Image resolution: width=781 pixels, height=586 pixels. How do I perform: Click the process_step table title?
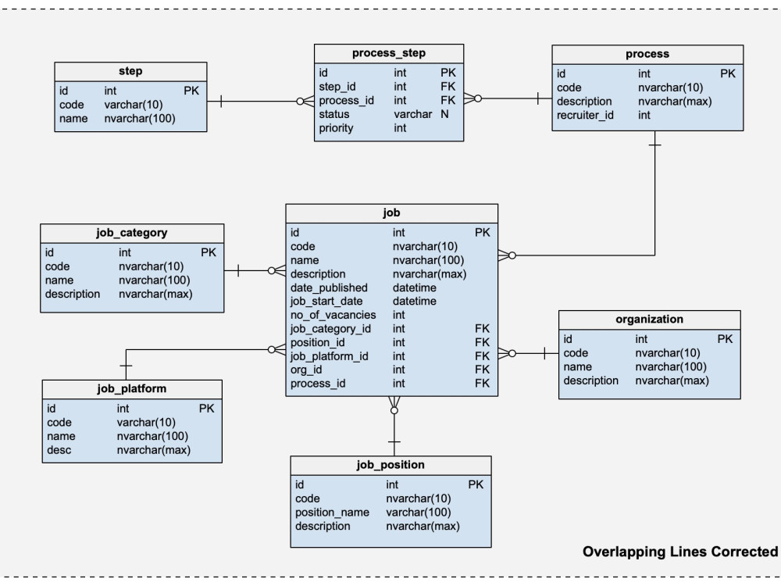point(388,53)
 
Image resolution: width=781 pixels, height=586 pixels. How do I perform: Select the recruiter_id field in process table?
point(585,115)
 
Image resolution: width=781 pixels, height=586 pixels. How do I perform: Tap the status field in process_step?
point(333,114)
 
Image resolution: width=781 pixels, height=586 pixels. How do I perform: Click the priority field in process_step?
point(336,128)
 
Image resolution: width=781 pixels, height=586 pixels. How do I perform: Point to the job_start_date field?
point(326,302)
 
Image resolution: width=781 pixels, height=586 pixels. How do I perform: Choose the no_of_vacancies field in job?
point(333,315)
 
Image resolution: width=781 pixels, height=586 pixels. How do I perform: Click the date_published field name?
point(329,288)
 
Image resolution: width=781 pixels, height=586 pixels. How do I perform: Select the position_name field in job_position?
point(332,513)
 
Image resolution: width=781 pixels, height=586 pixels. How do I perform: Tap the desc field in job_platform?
point(59,450)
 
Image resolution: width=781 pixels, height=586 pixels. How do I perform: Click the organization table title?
point(649,320)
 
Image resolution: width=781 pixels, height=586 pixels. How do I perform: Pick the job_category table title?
point(131,233)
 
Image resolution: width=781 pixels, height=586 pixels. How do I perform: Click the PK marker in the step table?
point(191,91)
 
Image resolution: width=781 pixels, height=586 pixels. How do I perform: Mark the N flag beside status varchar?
point(444,114)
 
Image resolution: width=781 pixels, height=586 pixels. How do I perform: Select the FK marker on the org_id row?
point(482,370)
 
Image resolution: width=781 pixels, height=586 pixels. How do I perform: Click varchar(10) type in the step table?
point(133,105)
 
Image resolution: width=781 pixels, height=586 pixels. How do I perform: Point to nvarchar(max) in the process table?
point(675,101)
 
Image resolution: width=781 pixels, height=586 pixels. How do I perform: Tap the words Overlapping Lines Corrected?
point(680,552)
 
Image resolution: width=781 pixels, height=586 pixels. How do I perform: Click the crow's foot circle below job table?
point(394,411)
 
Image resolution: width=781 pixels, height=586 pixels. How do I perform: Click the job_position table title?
point(390,465)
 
